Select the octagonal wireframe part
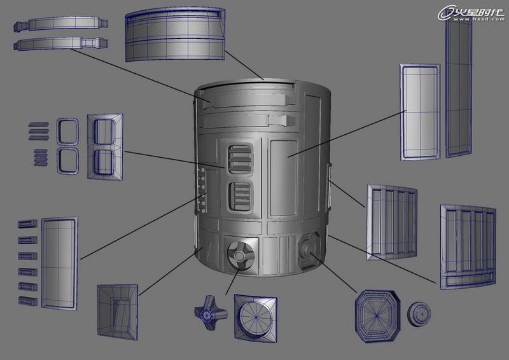click(377, 316)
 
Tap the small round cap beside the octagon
click(419, 314)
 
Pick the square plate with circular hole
click(256, 319)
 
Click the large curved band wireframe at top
click(175, 34)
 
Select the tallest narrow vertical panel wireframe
click(458, 88)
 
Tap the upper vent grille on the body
click(241, 159)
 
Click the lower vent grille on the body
click(240, 197)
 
